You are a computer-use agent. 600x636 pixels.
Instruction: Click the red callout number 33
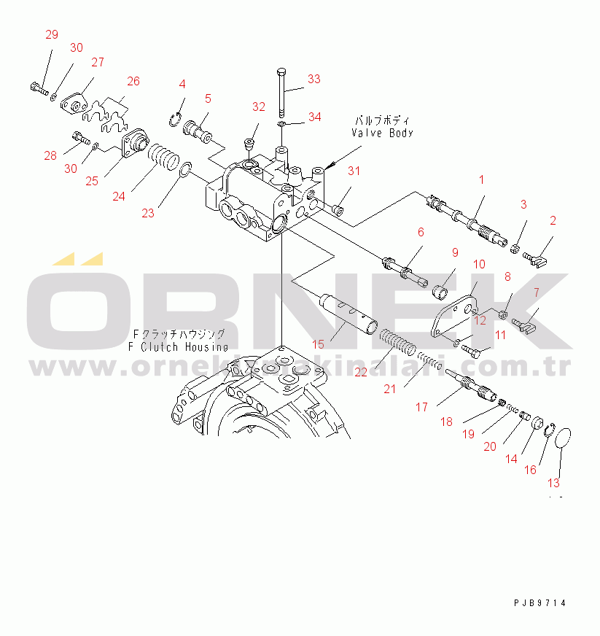(x=313, y=79)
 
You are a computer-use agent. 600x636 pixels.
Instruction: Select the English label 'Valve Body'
(x=382, y=133)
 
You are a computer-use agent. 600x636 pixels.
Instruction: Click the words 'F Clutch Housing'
(x=178, y=346)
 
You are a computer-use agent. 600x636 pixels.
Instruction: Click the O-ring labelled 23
(x=185, y=171)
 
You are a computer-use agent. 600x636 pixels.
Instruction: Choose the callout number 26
(x=133, y=81)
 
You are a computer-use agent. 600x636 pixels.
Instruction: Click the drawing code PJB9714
(x=539, y=603)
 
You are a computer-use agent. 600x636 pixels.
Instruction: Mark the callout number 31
(x=354, y=171)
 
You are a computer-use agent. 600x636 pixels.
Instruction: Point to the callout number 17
(x=422, y=407)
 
